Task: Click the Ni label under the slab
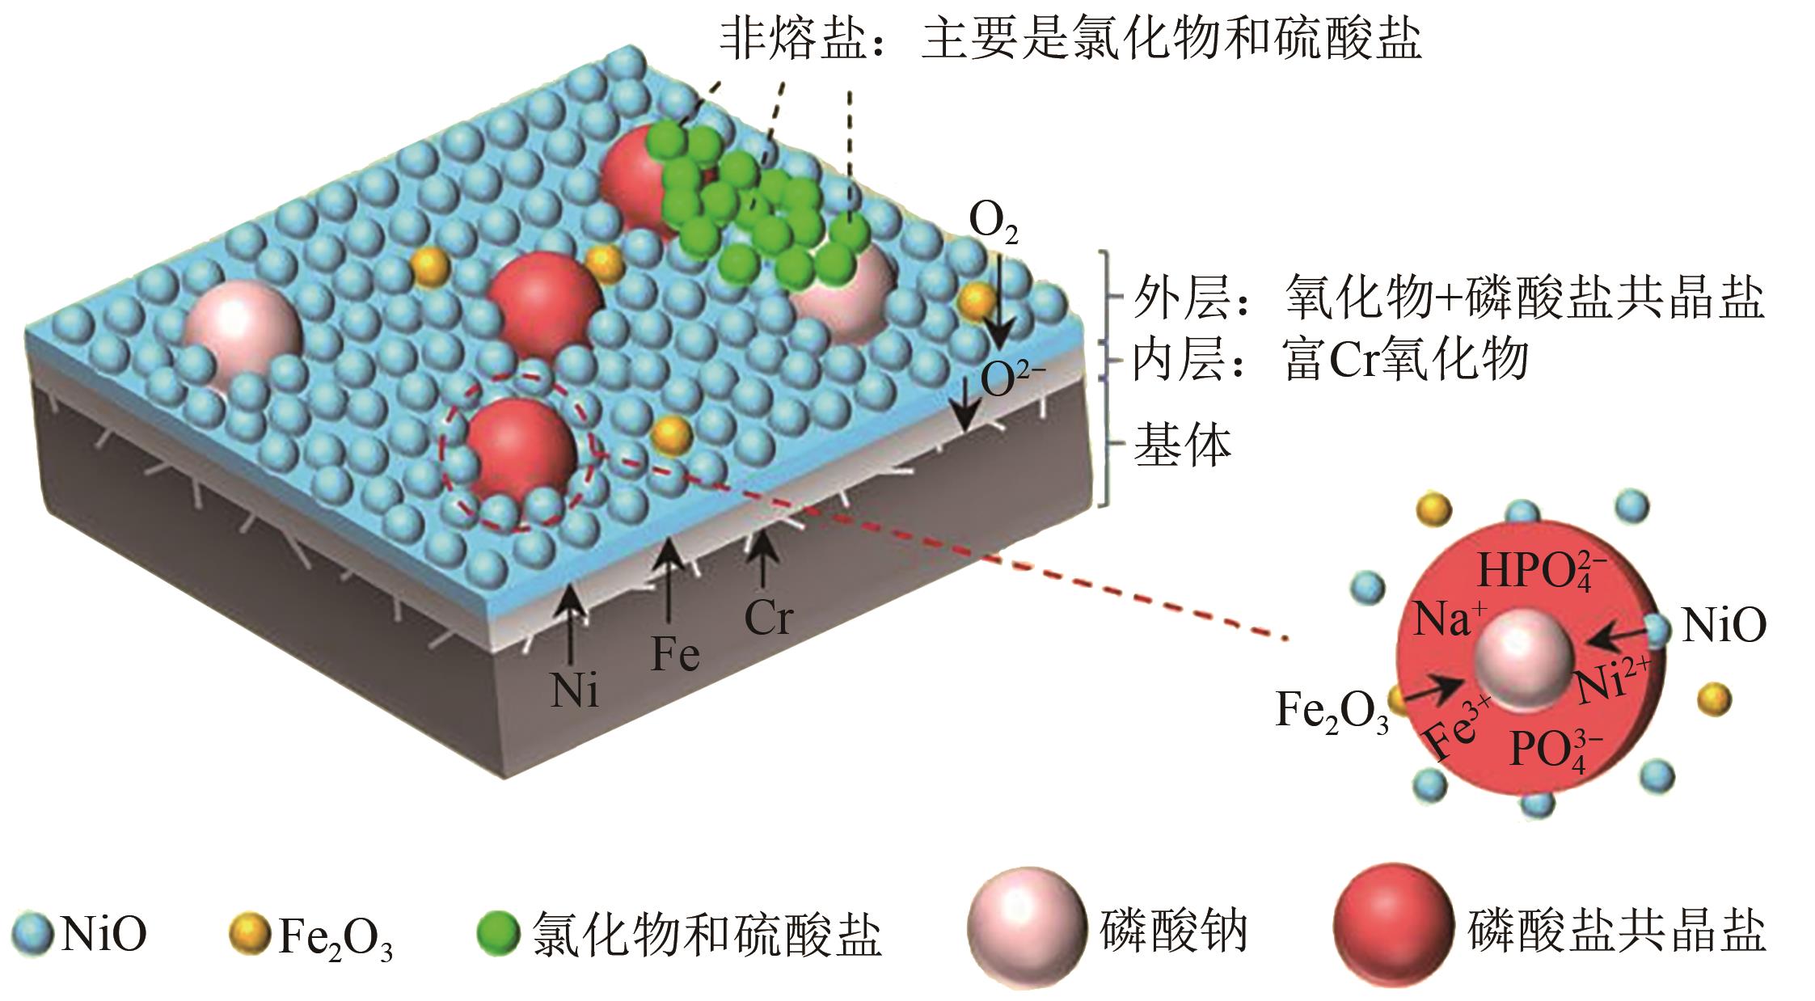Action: click(x=575, y=690)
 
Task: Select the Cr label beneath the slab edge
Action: click(x=768, y=619)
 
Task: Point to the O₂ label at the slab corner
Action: click(x=994, y=226)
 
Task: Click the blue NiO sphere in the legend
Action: click(x=32, y=933)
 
